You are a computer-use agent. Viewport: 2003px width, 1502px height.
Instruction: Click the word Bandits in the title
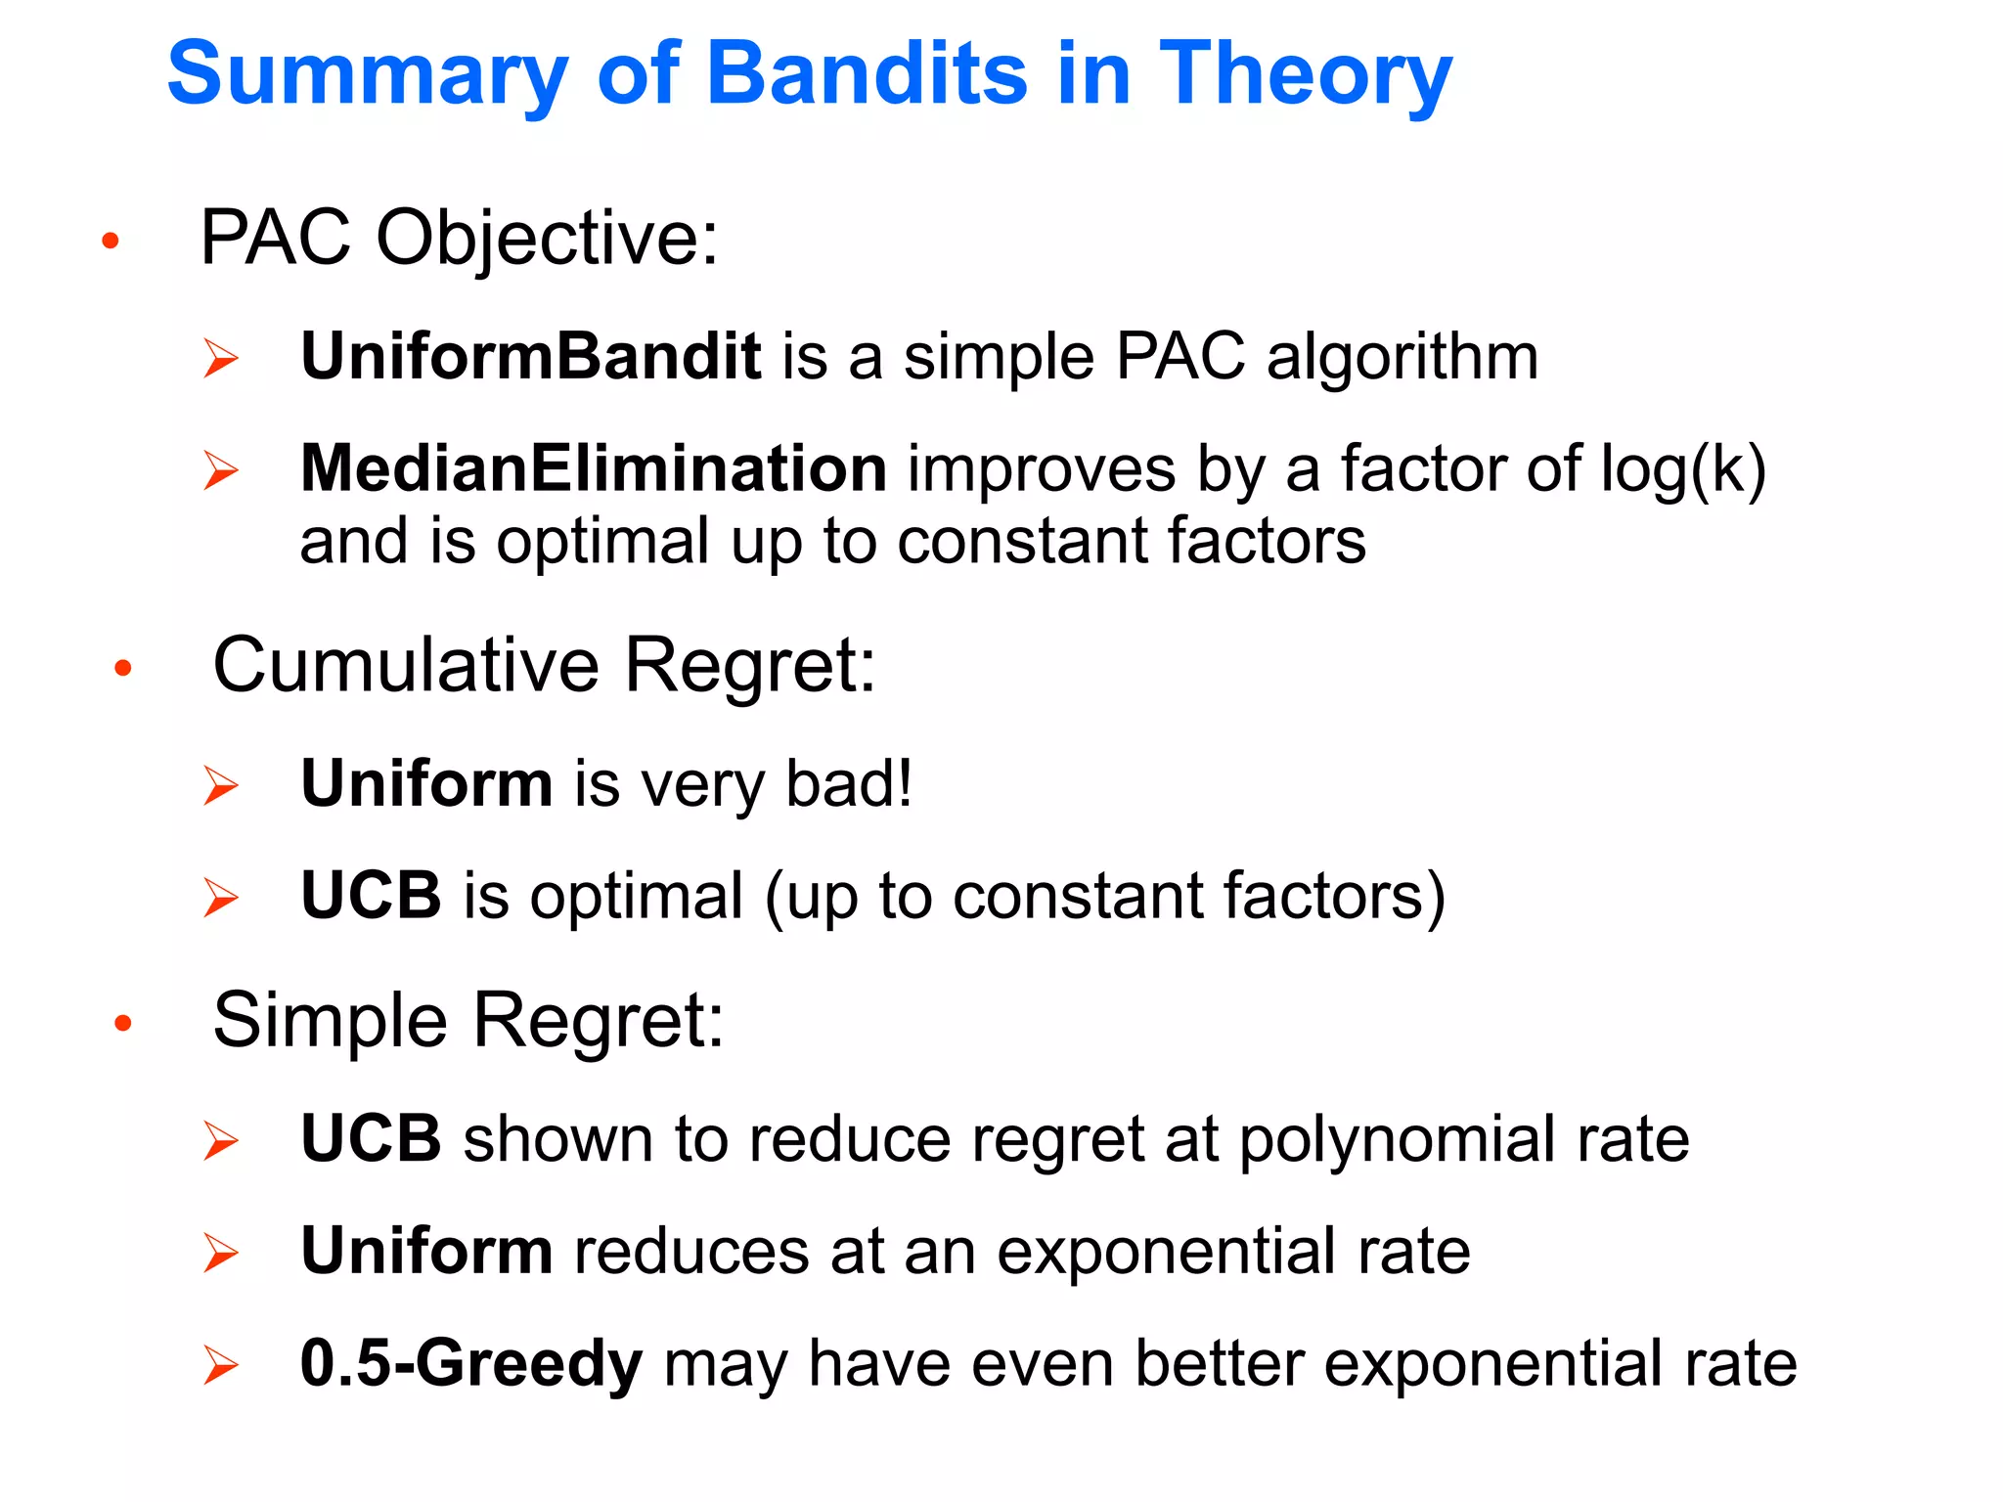pos(867,74)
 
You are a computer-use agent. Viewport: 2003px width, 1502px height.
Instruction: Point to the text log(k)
pos(1682,470)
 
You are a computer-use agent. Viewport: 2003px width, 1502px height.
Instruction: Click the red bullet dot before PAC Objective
pos(111,240)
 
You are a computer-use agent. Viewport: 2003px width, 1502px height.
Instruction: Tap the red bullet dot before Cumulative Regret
pos(122,668)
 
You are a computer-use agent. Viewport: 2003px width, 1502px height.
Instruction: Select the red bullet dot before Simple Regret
pos(122,1023)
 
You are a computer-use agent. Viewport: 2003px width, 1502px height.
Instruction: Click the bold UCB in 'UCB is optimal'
pos(371,896)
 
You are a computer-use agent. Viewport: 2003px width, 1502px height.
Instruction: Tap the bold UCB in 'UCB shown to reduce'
pos(371,1139)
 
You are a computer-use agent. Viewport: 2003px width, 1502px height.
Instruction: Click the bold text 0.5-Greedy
pos(470,1363)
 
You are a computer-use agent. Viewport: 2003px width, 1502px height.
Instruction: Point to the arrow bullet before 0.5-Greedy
pos(221,1365)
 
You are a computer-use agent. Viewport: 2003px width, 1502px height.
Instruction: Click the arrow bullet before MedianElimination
pos(221,470)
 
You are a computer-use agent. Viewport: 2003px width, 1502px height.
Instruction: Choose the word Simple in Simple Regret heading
pos(330,1020)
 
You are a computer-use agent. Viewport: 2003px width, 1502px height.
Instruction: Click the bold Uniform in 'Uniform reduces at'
pos(426,1252)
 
